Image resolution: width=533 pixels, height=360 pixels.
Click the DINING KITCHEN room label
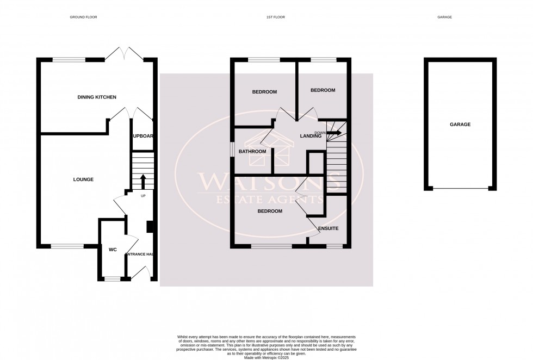pos(97,97)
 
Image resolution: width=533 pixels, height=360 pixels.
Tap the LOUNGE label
pos(84,179)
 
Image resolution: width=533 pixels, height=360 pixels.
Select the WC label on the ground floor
pos(113,250)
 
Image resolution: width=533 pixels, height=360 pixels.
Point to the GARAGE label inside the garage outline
pos(460,125)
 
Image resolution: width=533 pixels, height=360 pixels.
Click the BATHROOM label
pos(253,151)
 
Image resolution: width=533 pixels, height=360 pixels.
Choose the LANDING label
pos(311,136)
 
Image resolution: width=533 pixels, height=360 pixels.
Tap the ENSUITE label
pos(329,229)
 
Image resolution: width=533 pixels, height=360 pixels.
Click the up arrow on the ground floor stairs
pos(143,180)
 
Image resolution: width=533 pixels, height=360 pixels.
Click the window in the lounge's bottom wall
pos(68,246)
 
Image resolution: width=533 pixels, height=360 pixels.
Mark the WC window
pos(112,280)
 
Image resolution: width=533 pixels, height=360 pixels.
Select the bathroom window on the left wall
pos(232,150)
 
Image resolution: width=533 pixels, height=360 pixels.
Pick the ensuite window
pos(334,246)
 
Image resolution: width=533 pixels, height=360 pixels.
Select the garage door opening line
pos(460,189)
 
